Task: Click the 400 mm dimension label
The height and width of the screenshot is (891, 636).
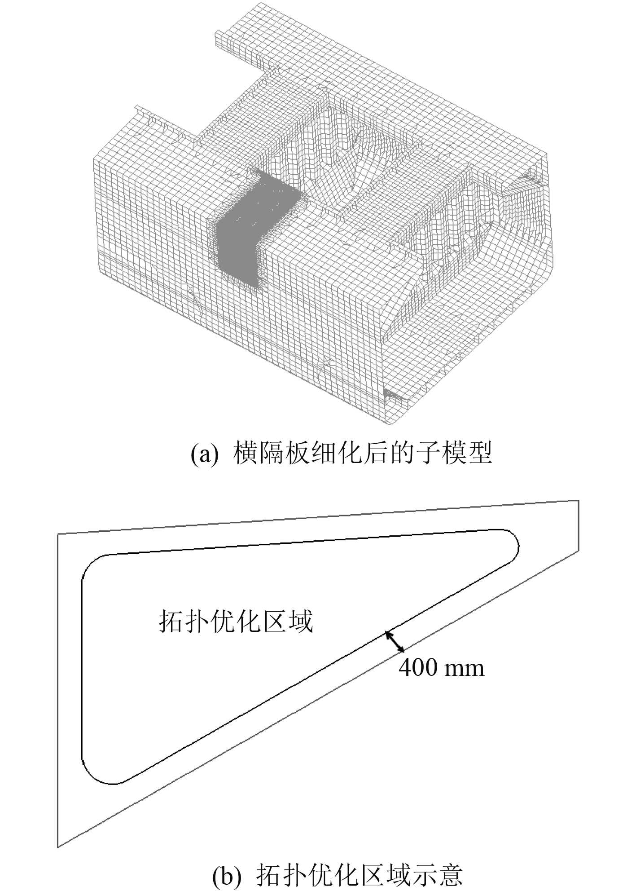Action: click(442, 668)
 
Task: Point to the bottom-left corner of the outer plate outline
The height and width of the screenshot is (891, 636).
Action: click(58, 847)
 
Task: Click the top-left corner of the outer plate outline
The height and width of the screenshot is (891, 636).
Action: click(58, 534)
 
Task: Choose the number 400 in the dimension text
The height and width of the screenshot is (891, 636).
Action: click(418, 668)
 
